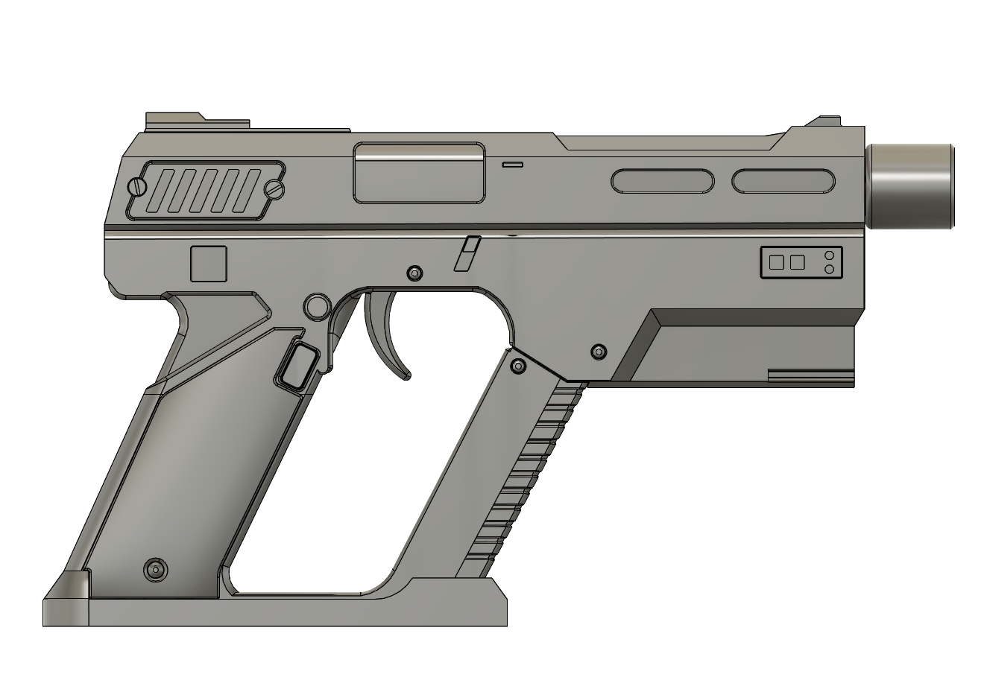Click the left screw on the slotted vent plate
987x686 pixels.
(x=137, y=186)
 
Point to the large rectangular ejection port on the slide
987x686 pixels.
(x=419, y=173)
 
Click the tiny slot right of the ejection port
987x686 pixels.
(x=513, y=164)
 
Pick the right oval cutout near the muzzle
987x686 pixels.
(x=783, y=181)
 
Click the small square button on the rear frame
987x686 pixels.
(x=209, y=264)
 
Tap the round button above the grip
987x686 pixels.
(x=317, y=305)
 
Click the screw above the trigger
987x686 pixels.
(x=414, y=273)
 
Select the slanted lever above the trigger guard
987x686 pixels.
(x=467, y=254)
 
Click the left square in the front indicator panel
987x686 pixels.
(x=777, y=262)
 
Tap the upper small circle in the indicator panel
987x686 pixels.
(x=829, y=255)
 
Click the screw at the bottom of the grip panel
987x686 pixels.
(x=155, y=570)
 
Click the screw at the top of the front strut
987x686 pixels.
(x=519, y=366)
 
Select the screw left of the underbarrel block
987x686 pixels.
(x=598, y=352)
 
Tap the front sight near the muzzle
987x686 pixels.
(x=827, y=121)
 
